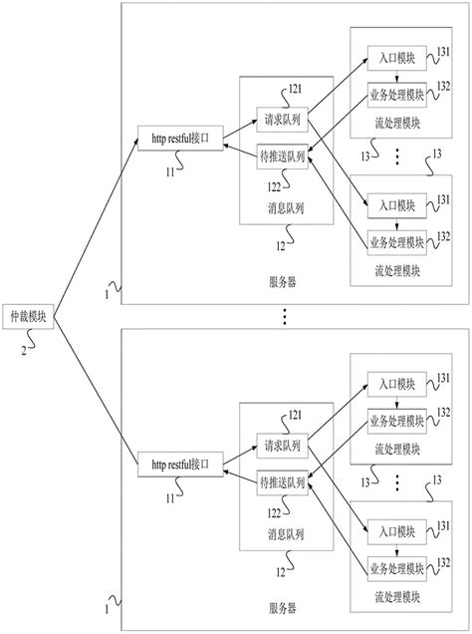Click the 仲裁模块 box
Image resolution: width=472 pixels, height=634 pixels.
27,316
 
